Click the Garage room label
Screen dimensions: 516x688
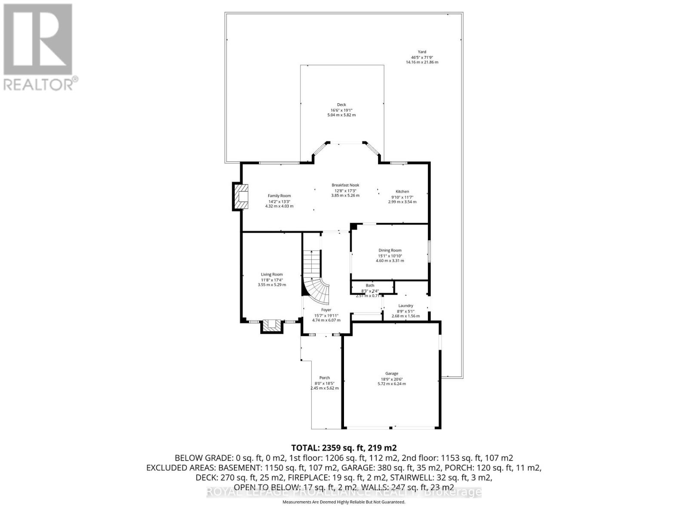(391, 373)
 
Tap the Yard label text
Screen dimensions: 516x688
(422, 52)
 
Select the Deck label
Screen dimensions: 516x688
(341, 104)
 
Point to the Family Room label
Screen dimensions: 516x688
(279, 196)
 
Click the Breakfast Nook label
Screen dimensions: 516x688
(345, 185)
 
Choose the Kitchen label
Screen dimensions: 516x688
(402, 191)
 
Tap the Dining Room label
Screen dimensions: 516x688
(390, 250)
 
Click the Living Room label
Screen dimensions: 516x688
(272, 274)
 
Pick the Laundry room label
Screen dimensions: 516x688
(405, 306)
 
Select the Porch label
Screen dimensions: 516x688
(324, 378)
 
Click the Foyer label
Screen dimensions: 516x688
(326, 310)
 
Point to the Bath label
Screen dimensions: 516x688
(370, 285)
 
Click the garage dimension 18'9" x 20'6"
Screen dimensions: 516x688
(391, 379)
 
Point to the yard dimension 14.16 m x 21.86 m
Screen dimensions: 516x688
(422, 62)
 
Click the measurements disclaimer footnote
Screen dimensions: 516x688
(344, 502)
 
